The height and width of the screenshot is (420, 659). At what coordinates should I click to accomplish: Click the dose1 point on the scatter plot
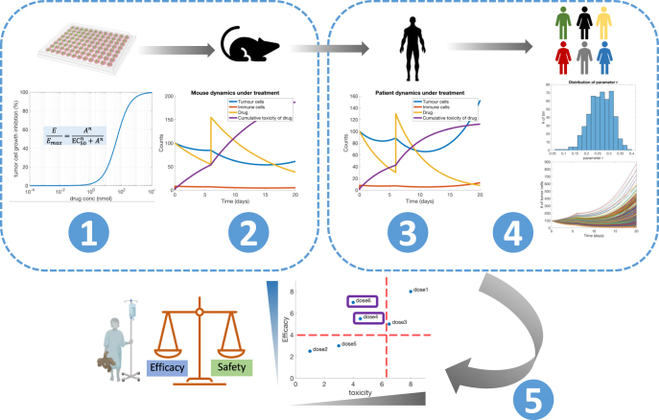(411, 291)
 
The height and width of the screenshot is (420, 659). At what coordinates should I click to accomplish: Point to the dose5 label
(347, 344)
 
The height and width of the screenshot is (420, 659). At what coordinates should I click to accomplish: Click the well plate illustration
(87, 45)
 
